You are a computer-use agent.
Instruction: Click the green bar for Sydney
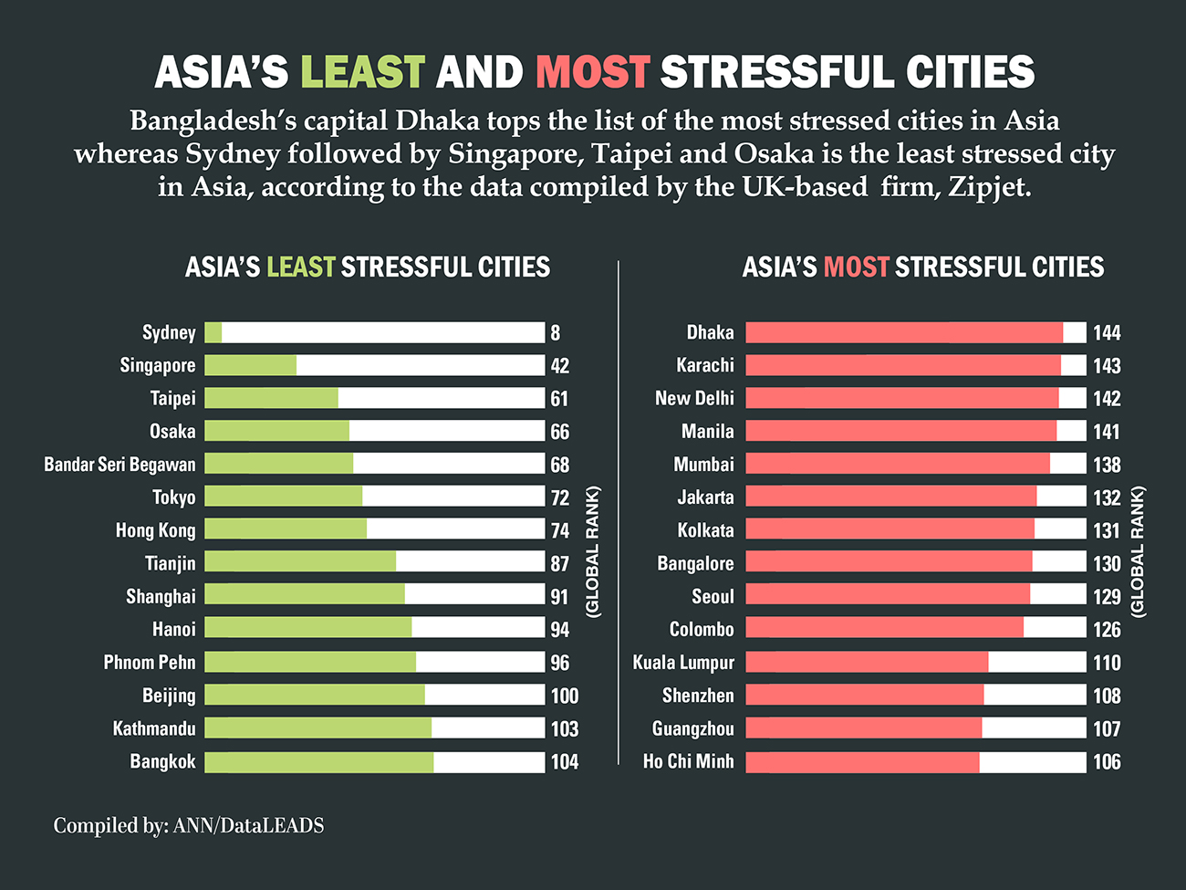[x=213, y=332]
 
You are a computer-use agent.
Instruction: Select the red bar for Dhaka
[x=903, y=332]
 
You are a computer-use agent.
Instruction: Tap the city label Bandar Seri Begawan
[x=120, y=465]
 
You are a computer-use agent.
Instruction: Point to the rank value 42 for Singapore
[x=559, y=366]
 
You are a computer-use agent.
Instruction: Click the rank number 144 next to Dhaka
[x=1107, y=333]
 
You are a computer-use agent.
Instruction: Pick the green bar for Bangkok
[x=318, y=762]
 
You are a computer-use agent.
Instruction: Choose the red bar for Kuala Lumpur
[x=867, y=662]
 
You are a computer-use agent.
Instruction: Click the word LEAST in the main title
[x=362, y=73]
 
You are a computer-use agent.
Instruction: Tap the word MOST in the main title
[x=592, y=73]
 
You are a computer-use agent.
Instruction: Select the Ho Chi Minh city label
[x=688, y=761]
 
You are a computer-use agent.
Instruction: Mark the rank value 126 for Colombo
[x=1107, y=630]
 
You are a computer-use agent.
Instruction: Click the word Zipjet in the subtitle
[x=989, y=187]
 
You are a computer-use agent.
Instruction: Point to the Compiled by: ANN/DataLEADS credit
[x=189, y=826]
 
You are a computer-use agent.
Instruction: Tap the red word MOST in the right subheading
[x=856, y=267]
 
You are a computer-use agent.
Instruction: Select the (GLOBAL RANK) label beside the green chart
[x=593, y=552]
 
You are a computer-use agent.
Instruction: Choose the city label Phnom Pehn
[x=150, y=663]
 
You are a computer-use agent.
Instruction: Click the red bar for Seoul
[x=887, y=595]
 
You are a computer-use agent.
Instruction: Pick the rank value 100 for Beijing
[x=564, y=696]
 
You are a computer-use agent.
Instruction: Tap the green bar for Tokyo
[x=283, y=497]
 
